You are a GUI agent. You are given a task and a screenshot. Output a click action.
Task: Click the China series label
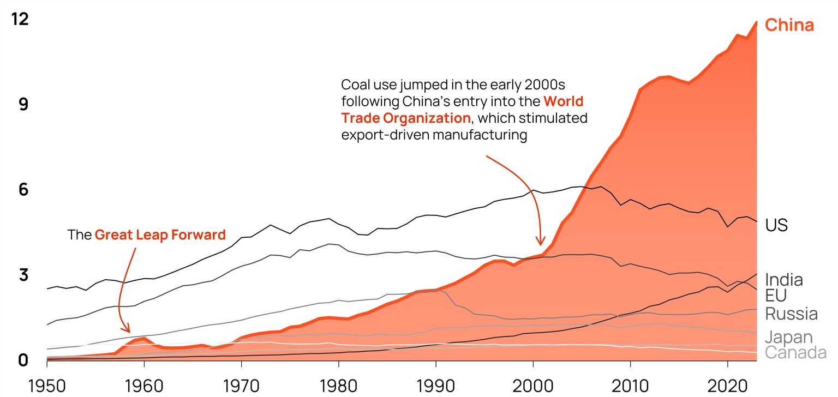(x=789, y=25)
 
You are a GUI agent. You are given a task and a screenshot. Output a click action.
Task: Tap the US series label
(x=776, y=225)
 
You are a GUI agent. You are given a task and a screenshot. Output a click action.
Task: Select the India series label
(x=784, y=280)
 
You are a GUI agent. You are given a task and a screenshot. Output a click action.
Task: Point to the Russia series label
(x=791, y=314)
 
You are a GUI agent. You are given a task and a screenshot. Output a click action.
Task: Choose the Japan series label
(x=789, y=337)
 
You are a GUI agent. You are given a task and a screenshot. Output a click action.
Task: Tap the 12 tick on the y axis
(x=19, y=20)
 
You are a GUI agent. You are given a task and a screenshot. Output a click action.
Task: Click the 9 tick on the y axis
(x=23, y=105)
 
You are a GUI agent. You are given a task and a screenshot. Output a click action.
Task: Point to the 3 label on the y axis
(x=23, y=275)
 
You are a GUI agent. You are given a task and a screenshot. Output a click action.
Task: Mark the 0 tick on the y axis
(x=23, y=360)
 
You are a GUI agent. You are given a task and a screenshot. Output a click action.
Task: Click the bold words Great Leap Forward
(x=160, y=235)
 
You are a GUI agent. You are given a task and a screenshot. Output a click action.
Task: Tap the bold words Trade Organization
(x=405, y=118)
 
